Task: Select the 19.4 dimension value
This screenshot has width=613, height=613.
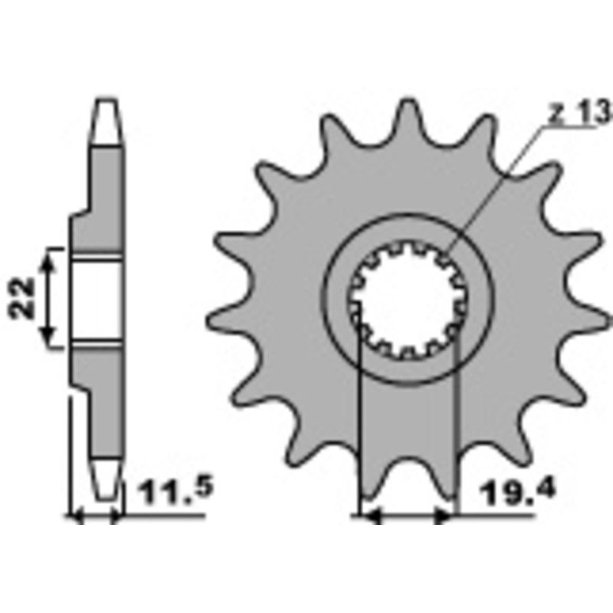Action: click(507, 490)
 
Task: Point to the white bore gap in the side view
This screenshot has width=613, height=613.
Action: click(98, 299)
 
